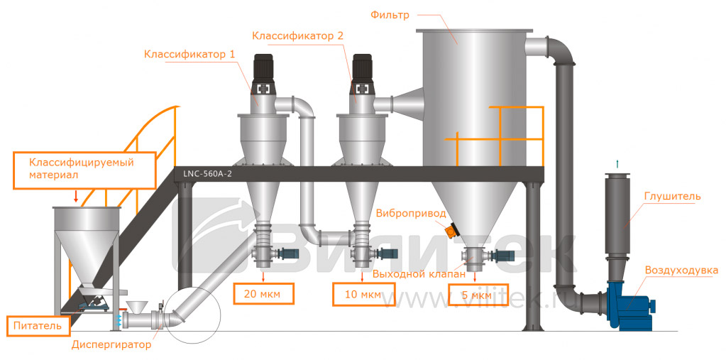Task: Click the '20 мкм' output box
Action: [263, 292]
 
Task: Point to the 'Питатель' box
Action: [40, 327]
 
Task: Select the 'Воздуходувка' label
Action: [681, 270]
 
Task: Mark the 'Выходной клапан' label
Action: [419, 273]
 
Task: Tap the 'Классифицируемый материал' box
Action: [83, 168]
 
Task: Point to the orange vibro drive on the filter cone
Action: [450, 229]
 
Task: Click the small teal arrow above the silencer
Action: [617, 164]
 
